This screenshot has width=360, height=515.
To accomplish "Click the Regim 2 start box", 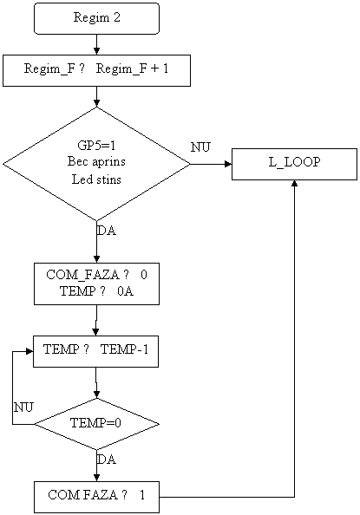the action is pyautogui.click(x=96, y=18).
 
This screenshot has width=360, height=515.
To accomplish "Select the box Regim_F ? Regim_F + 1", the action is pyautogui.click(x=96, y=70).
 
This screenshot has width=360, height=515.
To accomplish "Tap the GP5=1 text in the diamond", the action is pyautogui.click(x=96, y=145).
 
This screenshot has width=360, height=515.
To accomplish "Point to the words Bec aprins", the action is pyautogui.click(x=96, y=161).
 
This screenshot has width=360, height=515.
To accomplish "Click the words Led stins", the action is pyautogui.click(x=96, y=179).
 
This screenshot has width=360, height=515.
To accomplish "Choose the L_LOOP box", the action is pyautogui.click(x=294, y=164).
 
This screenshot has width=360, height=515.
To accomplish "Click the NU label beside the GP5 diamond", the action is pyautogui.click(x=200, y=147).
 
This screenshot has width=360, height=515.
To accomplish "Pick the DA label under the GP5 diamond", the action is pyautogui.click(x=107, y=231).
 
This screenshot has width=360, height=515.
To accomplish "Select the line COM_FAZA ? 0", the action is pyautogui.click(x=96, y=275).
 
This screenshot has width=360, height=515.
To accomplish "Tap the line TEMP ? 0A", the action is pyautogui.click(x=96, y=291).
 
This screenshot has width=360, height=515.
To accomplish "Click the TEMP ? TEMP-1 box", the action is pyautogui.click(x=95, y=351).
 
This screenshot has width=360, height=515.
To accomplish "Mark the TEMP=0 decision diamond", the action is pyautogui.click(x=96, y=424).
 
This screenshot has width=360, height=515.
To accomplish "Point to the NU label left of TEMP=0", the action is pyautogui.click(x=23, y=407).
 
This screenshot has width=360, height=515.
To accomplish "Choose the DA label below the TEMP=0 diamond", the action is pyautogui.click(x=107, y=460).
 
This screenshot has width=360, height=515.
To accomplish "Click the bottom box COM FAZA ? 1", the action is pyautogui.click(x=96, y=498).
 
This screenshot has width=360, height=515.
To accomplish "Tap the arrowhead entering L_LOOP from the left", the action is pyautogui.click(x=228, y=164).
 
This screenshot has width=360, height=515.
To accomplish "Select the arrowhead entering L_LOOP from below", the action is pyautogui.click(x=295, y=183).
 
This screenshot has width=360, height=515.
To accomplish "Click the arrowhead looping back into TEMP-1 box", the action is pyautogui.click(x=29, y=351).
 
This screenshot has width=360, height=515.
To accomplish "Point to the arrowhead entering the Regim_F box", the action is pyautogui.click(x=96, y=51).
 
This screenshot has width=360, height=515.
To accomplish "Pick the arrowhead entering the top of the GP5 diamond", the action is pyautogui.click(x=96, y=103).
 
